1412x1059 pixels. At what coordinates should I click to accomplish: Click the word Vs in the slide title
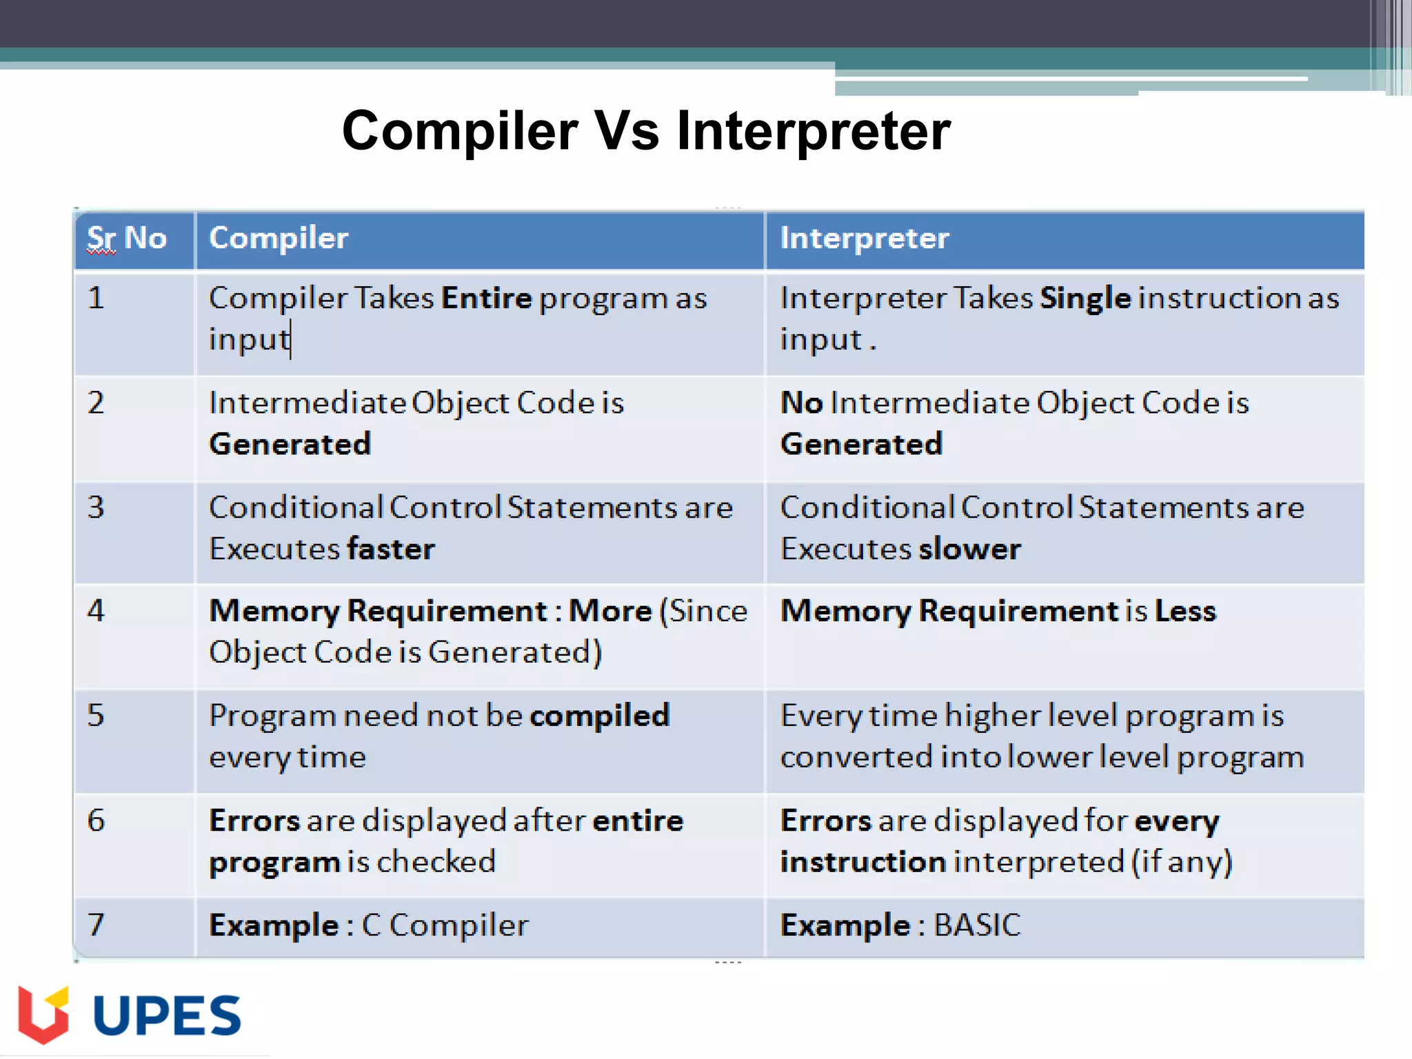[x=626, y=131]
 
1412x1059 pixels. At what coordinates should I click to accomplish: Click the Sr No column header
[x=127, y=239]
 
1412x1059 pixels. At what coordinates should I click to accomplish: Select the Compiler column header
[x=279, y=239]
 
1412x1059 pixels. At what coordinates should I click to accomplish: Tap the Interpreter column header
[x=864, y=239]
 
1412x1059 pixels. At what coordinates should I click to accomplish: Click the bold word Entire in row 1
[x=487, y=299]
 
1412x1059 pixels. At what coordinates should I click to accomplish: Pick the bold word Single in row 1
[x=1085, y=299]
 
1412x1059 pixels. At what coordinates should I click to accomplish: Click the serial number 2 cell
[x=97, y=403]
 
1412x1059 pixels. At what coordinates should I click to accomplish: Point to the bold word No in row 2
[x=801, y=403]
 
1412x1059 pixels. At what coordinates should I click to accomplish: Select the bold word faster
[x=391, y=549]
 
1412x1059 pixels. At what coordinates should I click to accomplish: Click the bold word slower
[x=969, y=549]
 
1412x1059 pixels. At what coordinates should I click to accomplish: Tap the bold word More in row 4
[x=610, y=611]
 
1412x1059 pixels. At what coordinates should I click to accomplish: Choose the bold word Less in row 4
[x=1185, y=611]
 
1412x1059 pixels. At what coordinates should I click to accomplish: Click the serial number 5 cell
[x=97, y=716]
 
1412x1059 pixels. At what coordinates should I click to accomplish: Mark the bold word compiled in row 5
[x=599, y=716]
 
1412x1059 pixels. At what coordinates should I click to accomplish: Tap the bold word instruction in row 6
[x=862, y=862]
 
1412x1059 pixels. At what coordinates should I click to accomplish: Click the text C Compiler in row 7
[x=445, y=925]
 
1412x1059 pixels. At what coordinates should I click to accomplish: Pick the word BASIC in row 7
[x=976, y=925]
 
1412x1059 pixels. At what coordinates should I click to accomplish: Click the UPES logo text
[x=167, y=1016]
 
